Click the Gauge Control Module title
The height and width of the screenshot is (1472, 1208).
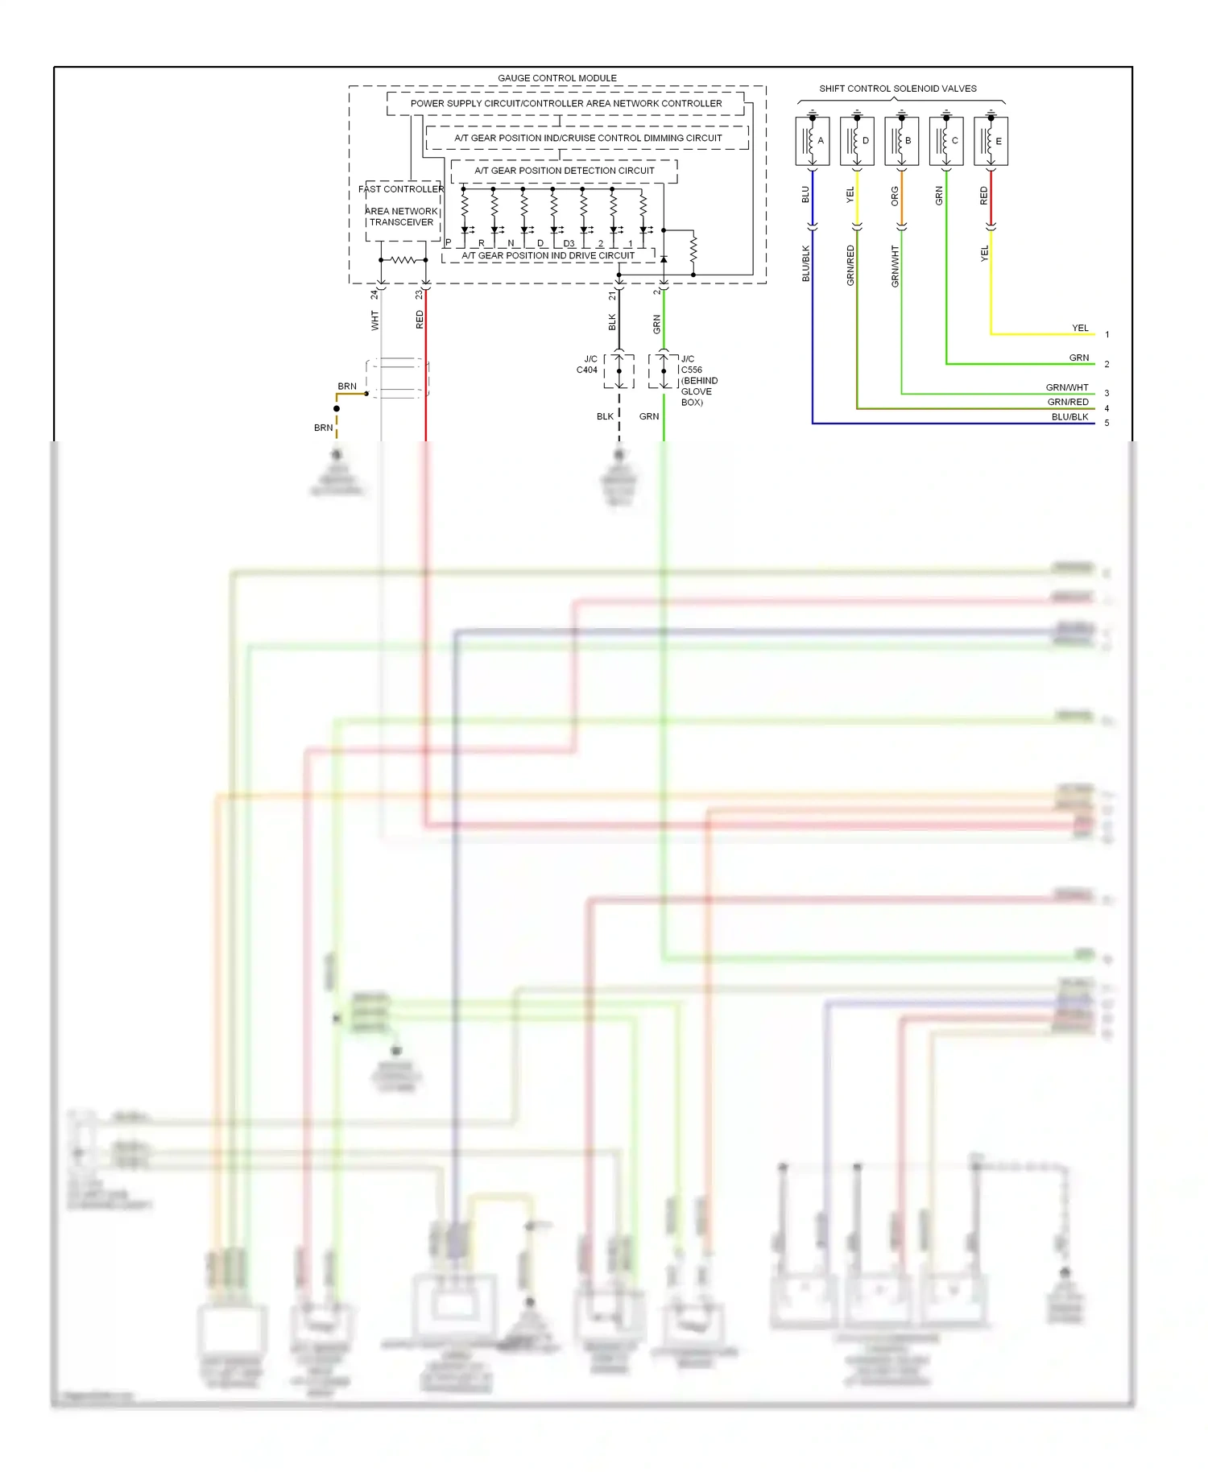[556, 78]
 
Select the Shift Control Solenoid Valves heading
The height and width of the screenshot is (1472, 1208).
[897, 89]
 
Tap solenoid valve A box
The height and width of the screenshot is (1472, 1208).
[812, 141]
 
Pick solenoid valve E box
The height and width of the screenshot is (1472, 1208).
[991, 141]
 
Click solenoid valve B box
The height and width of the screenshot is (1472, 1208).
[901, 141]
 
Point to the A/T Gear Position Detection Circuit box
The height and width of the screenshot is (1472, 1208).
[564, 171]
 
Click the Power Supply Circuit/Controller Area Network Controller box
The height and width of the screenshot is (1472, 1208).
[565, 104]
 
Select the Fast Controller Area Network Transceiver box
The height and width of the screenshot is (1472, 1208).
[402, 211]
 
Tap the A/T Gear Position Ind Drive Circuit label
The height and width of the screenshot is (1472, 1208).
[548, 255]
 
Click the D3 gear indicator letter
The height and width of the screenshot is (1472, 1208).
[569, 243]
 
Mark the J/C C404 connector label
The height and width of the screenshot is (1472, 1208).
[588, 365]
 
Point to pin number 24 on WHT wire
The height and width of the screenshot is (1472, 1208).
[374, 296]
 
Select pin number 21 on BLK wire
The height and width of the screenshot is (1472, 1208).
[612, 296]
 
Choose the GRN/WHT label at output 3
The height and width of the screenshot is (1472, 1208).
[1066, 387]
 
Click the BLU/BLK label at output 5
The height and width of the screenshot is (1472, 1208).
[1069, 417]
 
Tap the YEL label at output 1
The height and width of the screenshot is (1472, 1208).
[1079, 328]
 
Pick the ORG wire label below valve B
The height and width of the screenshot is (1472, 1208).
[894, 196]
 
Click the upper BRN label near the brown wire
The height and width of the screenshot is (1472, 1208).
[347, 387]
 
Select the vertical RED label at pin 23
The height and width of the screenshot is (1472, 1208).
[420, 320]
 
